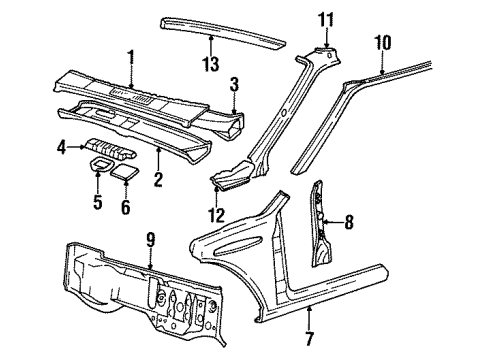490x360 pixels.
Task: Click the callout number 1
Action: coord(131,56)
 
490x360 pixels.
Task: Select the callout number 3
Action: coord(232,83)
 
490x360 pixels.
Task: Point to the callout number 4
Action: coord(61,148)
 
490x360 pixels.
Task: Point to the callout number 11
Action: coord(323,19)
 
